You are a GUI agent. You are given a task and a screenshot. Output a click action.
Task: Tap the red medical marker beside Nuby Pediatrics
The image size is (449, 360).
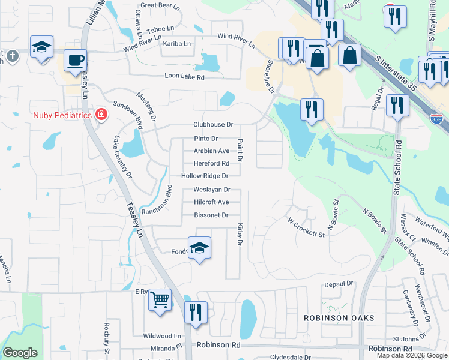101,114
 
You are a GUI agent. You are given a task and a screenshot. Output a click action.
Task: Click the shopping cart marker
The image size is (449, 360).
160,299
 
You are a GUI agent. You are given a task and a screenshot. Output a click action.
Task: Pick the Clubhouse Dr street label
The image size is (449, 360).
212,125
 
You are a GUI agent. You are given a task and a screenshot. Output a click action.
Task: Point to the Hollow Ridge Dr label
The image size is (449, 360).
205,176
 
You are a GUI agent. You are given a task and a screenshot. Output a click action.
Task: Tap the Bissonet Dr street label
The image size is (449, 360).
211,215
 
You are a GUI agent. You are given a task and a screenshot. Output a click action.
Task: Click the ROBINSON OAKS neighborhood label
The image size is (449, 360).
339,317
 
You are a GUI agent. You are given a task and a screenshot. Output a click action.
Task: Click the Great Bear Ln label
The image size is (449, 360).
160,5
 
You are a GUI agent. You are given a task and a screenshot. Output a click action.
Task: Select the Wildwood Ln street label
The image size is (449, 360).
161,337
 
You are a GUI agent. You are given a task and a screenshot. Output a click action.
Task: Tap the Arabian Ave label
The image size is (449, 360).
211,151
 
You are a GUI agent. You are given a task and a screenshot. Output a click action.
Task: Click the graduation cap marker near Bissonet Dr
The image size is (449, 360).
199,248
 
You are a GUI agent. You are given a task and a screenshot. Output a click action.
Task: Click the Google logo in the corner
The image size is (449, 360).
20,353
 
